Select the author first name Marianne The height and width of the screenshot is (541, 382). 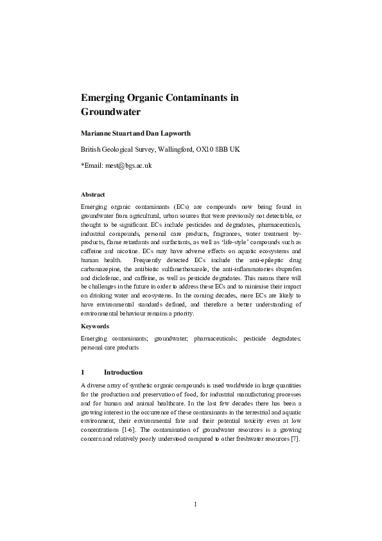pos(99,134)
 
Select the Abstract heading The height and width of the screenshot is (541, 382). pos(93,194)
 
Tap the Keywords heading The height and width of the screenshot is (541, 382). pos(95,326)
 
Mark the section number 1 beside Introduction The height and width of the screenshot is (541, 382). pos(83,372)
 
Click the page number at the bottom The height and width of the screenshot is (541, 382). pos(195,503)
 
